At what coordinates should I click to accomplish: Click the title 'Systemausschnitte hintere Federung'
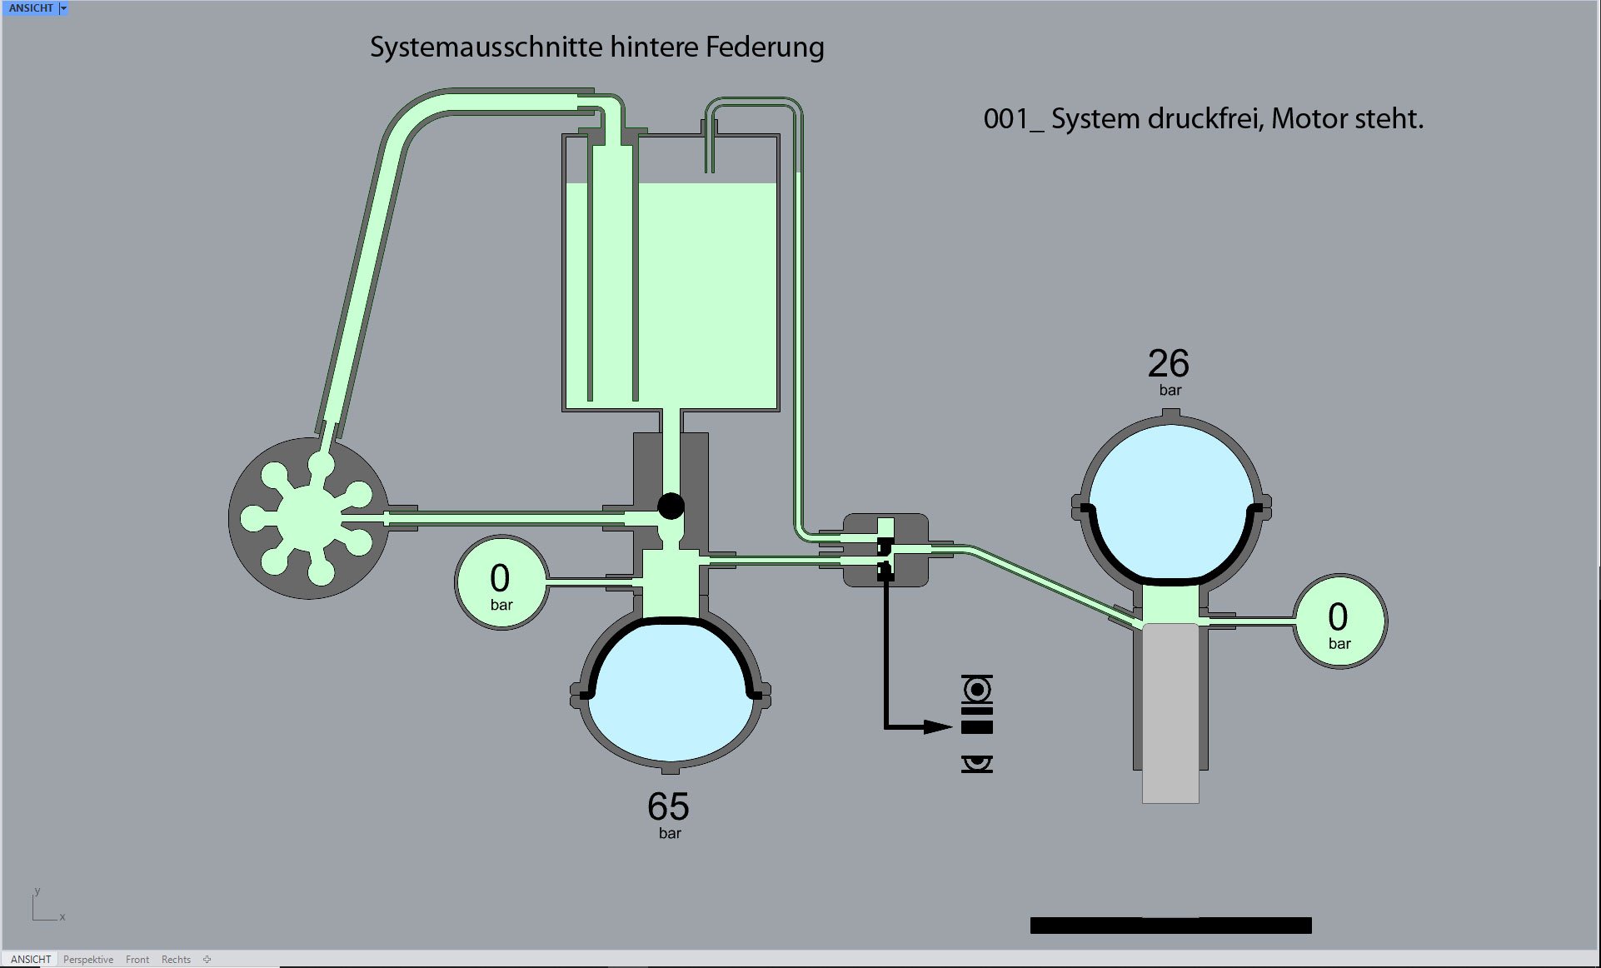click(596, 47)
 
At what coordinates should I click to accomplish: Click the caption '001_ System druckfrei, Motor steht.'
click(1203, 119)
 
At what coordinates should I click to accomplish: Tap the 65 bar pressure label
click(668, 814)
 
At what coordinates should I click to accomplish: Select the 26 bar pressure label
click(1169, 371)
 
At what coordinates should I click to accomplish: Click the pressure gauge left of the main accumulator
click(501, 582)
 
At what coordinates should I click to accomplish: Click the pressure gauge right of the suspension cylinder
click(1339, 621)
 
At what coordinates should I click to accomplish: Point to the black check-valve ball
click(671, 506)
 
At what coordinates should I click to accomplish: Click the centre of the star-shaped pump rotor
click(309, 517)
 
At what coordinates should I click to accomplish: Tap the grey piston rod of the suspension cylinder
click(1170, 716)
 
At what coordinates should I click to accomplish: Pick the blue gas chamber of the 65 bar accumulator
click(671, 691)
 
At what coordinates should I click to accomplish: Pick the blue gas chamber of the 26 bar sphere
click(1170, 500)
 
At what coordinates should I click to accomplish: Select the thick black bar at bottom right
click(1170, 926)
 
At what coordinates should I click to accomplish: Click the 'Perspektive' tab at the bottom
click(88, 960)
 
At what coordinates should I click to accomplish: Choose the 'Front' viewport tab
click(137, 960)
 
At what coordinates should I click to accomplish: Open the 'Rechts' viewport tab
click(176, 960)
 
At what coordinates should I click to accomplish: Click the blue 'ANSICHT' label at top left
click(31, 8)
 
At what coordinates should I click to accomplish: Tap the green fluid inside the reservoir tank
click(708, 292)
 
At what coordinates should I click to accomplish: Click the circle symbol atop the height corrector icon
click(977, 690)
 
